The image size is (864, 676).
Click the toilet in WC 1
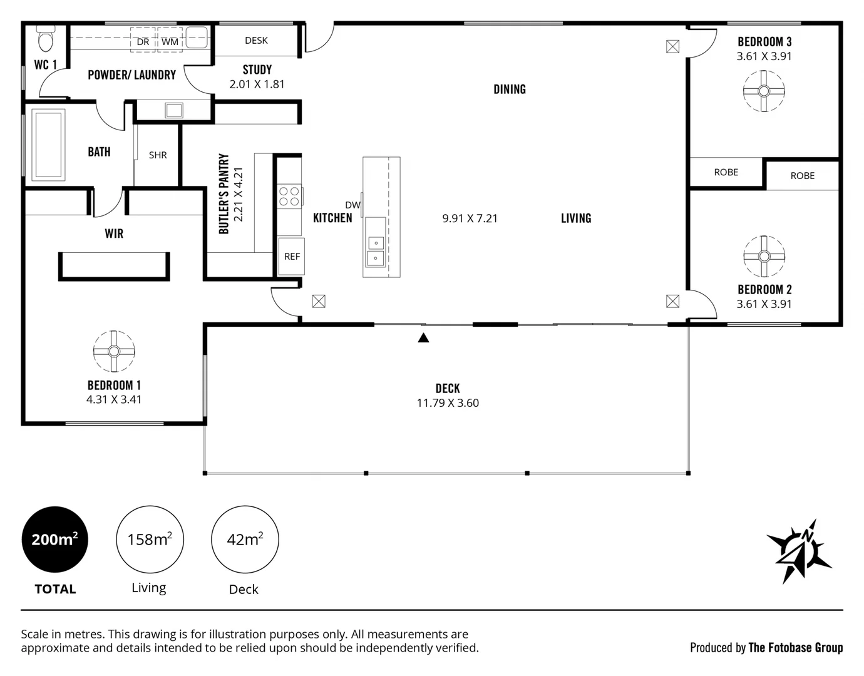point(46,39)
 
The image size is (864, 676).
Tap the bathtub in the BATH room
point(49,145)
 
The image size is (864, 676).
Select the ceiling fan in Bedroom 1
point(114,351)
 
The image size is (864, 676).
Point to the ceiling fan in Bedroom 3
point(764,91)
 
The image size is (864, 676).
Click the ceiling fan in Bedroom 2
point(764,256)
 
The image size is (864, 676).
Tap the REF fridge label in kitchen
point(292,257)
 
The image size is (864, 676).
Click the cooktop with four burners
point(289,197)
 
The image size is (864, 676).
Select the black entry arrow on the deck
point(423,338)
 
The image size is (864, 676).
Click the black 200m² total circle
point(55,540)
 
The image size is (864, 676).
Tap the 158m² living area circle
point(150,540)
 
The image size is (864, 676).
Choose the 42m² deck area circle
point(245,540)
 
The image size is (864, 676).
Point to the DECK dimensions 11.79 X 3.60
point(448,403)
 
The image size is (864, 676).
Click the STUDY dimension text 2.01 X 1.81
point(257,84)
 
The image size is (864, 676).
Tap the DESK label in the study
point(256,41)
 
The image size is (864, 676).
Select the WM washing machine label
point(170,42)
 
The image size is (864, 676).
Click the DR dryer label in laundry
point(143,42)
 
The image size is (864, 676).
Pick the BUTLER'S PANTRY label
point(224,194)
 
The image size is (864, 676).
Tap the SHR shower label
point(158,155)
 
